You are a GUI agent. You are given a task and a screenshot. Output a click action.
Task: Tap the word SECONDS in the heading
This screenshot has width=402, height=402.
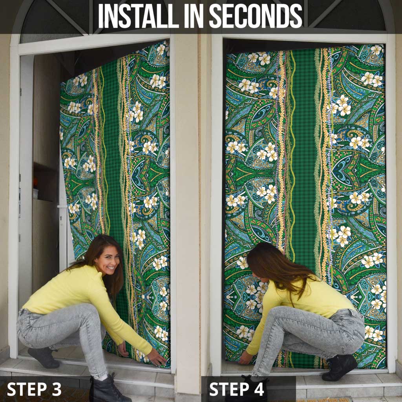256,16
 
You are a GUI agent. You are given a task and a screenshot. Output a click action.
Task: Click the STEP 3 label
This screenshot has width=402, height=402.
34,389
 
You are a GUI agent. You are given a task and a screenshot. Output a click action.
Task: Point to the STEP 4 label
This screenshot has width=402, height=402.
236,389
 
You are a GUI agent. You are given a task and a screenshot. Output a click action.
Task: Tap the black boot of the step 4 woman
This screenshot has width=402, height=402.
339,367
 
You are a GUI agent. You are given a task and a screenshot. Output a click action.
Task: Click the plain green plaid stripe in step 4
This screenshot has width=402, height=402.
305,154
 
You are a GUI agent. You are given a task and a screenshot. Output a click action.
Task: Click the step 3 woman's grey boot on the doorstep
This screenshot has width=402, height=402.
43,357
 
